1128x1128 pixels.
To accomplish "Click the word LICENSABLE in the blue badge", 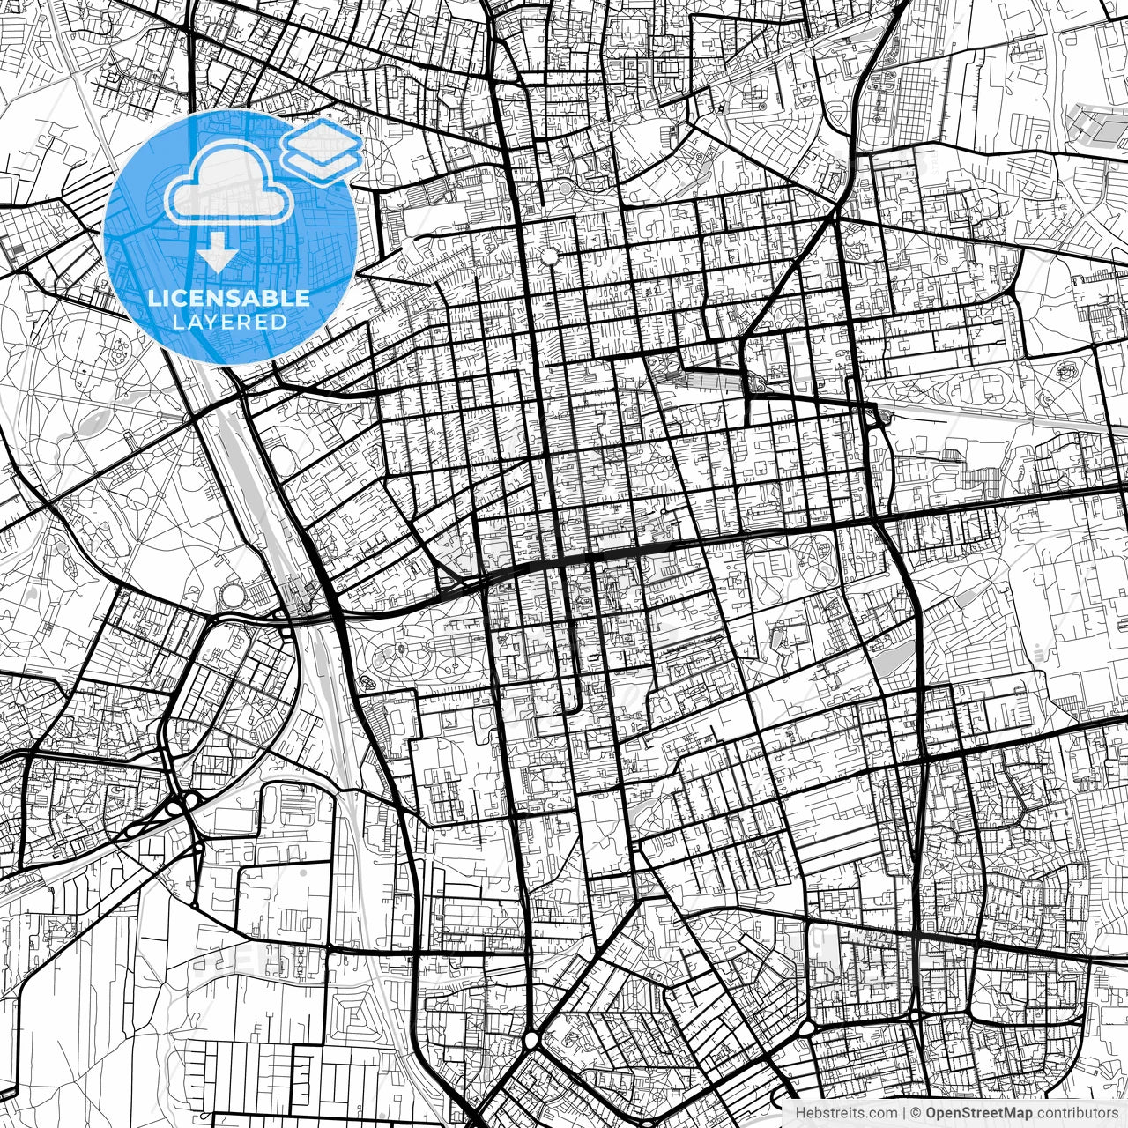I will pos(229,299).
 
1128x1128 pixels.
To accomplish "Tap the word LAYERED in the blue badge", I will pos(229,323).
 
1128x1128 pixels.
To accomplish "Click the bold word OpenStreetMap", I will pos(979,1113).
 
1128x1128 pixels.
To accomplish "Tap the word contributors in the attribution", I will pos(1075,1113).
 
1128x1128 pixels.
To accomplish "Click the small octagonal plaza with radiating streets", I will pos(551,256).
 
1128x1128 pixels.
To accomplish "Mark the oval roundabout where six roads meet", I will pos(531,1040).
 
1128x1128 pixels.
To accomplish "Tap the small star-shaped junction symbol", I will pos(721,108).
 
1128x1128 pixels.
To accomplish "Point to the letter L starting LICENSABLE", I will pos(152,299).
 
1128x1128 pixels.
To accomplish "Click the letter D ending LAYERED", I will pos(280,323).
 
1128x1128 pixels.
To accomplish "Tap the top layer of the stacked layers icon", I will pos(322,137).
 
